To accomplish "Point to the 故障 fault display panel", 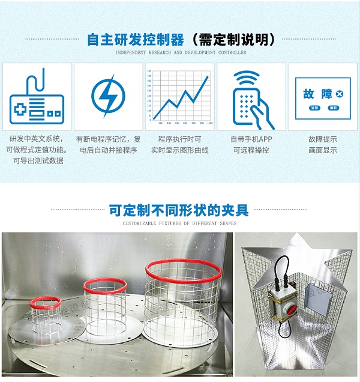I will pyautogui.click(x=323, y=97).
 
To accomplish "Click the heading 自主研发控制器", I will pyautogui.click(x=136, y=40).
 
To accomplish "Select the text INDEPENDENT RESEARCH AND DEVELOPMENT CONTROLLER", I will pyautogui.click(x=180, y=53).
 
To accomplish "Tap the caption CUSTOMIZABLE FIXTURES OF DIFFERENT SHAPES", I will pyautogui.click(x=179, y=223).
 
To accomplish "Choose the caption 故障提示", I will pyautogui.click(x=323, y=139).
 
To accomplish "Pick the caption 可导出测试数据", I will pyautogui.click(x=37, y=161).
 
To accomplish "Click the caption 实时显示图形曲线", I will pyautogui.click(x=180, y=150).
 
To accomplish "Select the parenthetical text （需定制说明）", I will pyautogui.click(x=233, y=40).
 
